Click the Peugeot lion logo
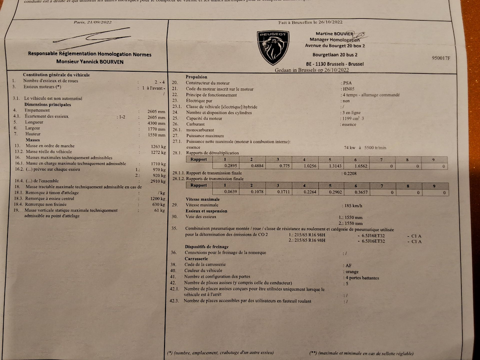[273, 47]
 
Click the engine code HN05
[348, 89]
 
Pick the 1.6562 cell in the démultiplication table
[361, 166]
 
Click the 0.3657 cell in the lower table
[361, 193]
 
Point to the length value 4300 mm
[156, 122]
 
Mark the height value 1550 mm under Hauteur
[156, 134]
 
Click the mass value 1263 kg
[157, 146]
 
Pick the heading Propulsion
[196, 77]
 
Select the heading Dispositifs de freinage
[207, 247]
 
